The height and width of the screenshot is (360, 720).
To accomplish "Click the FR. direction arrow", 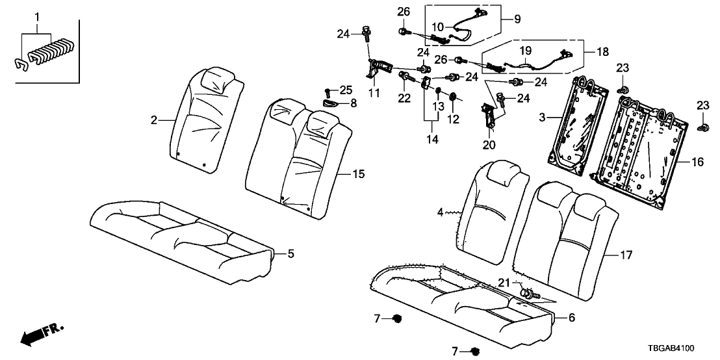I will pyautogui.click(x=42, y=335).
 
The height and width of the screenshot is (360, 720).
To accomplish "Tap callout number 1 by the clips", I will pyautogui.click(x=37, y=16).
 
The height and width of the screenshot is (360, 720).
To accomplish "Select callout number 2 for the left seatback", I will pyautogui.click(x=154, y=120).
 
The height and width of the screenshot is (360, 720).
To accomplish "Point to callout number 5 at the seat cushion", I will pyautogui.click(x=291, y=253).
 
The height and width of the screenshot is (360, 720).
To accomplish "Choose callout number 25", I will pyautogui.click(x=345, y=88).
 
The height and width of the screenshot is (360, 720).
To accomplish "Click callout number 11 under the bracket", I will pyautogui.click(x=374, y=94).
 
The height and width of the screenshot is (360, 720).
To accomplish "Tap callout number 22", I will pyautogui.click(x=404, y=97).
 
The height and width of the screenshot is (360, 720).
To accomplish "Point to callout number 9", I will pyautogui.click(x=518, y=19).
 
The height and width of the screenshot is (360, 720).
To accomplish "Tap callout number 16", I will pyautogui.click(x=697, y=162).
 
